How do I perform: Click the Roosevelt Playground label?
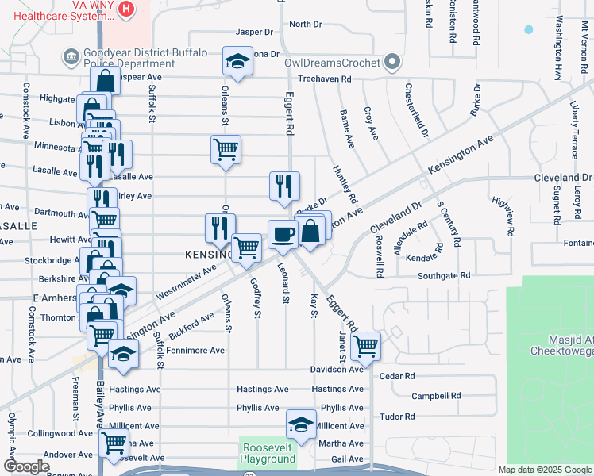268,452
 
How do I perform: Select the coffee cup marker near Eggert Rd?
283,234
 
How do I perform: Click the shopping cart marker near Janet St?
365,345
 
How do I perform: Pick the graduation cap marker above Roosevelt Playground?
301,424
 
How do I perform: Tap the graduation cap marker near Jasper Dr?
236,60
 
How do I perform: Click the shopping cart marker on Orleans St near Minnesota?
226,148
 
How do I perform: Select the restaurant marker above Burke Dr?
284,186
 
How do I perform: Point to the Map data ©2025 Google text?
545,470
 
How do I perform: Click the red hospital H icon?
125,9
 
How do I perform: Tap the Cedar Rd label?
397,376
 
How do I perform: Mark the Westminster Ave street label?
187,281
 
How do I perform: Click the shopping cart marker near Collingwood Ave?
113,441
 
